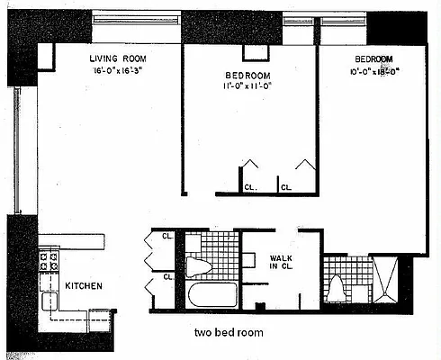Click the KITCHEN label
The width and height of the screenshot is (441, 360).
coord(83,285)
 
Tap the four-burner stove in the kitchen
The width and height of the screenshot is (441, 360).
coord(49,262)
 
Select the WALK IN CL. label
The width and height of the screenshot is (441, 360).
coord(281,264)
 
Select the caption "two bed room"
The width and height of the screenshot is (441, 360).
coord(229,332)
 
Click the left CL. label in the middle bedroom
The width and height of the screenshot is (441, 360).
coord(249,187)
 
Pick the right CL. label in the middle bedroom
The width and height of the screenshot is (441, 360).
coord(286,187)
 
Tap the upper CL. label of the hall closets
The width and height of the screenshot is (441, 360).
coord(167,238)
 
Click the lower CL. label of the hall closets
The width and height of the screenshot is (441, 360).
coord(167,276)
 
